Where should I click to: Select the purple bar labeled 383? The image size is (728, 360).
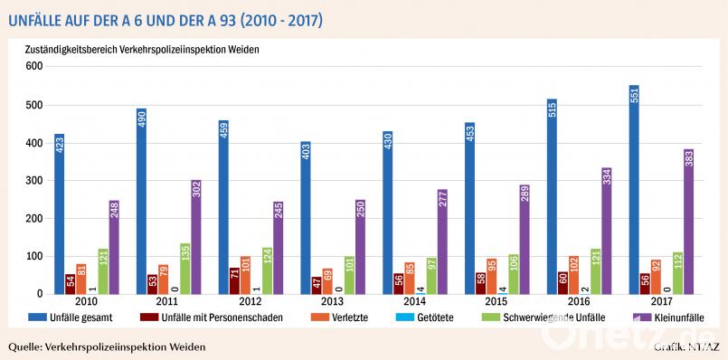(689, 222)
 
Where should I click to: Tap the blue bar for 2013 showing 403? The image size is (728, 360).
(306, 218)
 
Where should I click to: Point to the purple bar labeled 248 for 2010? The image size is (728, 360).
(113, 247)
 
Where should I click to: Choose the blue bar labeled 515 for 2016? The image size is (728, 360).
(553, 196)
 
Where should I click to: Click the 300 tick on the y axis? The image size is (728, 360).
(33, 181)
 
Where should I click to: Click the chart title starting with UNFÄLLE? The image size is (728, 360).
(163, 18)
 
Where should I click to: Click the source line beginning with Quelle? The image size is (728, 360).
(106, 347)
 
